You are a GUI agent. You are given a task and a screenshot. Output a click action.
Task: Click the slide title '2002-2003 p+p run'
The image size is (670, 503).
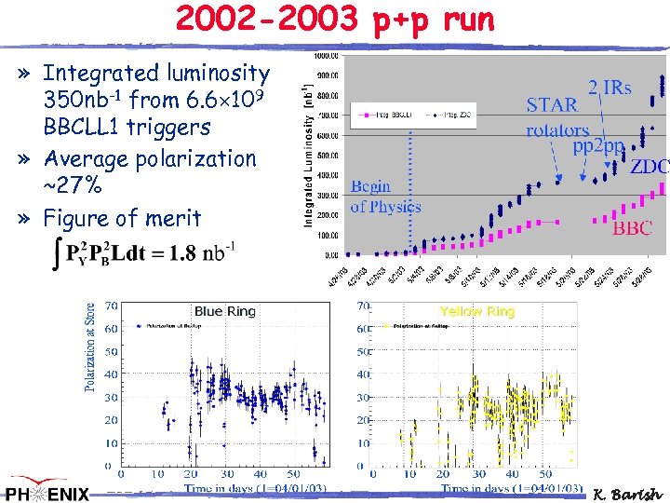click(336, 20)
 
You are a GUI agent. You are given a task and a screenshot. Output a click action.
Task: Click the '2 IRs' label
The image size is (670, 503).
click(610, 88)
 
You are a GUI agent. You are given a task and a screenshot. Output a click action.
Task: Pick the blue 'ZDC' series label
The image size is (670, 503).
click(649, 169)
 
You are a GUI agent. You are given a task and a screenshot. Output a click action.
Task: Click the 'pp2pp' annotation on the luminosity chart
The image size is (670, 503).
click(598, 145)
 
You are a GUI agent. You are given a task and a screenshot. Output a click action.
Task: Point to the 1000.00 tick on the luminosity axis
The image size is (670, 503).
click(327, 56)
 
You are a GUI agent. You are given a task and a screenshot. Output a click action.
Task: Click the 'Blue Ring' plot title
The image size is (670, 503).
click(224, 311)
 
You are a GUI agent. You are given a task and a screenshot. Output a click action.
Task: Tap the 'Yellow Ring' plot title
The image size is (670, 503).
click(476, 311)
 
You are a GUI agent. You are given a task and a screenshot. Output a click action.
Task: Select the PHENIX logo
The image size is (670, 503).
click(47, 493)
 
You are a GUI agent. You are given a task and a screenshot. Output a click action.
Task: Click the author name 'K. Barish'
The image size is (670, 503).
click(629, 493)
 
